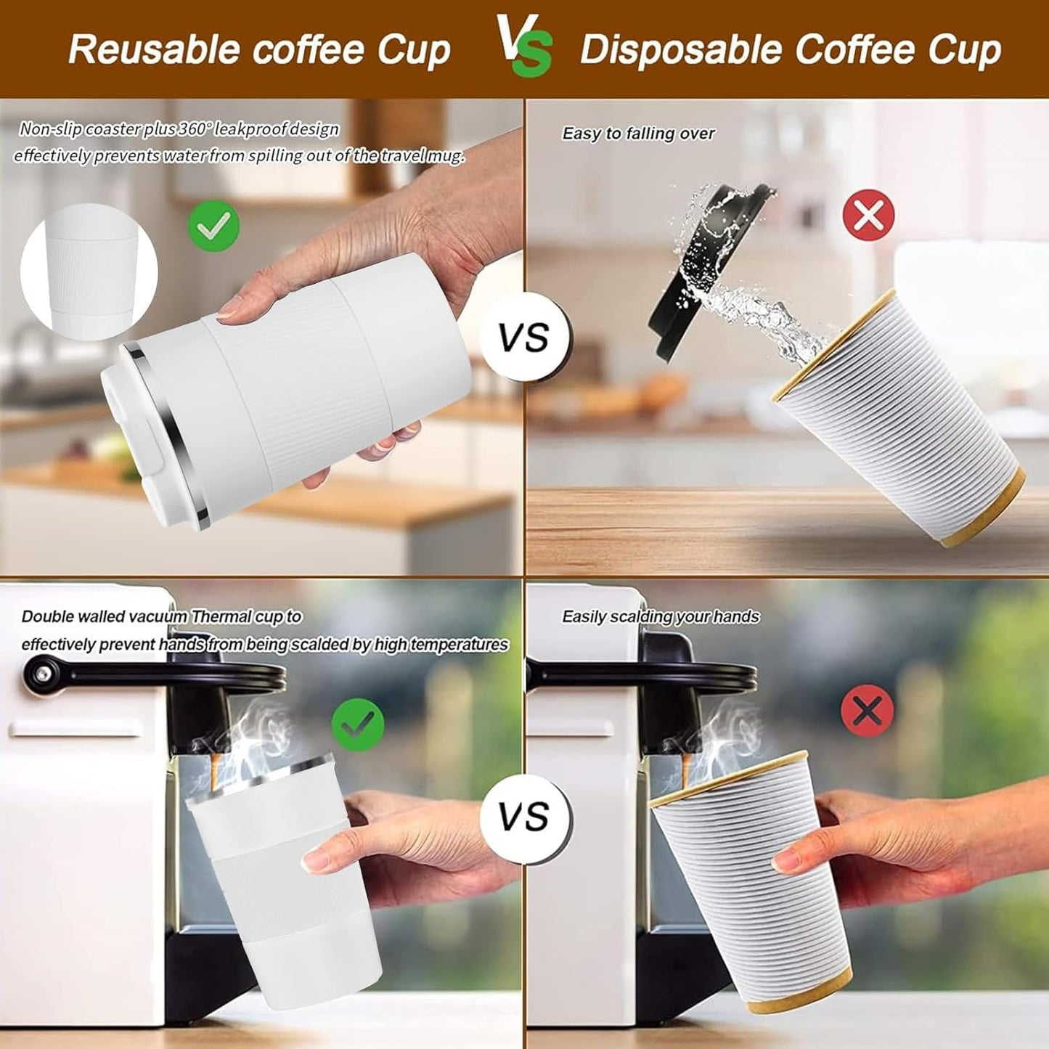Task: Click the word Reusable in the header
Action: tap(154, 49)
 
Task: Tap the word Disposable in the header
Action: tap(680, 49)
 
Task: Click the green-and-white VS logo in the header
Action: tap(524, 45)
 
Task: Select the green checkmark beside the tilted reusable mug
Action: tap(214, 226)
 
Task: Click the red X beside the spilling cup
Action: tap(868, 215)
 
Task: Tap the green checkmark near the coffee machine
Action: tap(358, 724)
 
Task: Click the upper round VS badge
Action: tap(524, 338)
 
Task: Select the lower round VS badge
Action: tap(524, 817)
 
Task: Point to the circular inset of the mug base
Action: tap(89, 272)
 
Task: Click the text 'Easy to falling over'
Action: tap(638, 134)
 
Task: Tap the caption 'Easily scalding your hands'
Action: tap(661, 617)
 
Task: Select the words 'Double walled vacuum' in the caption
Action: tap(105, 617)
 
